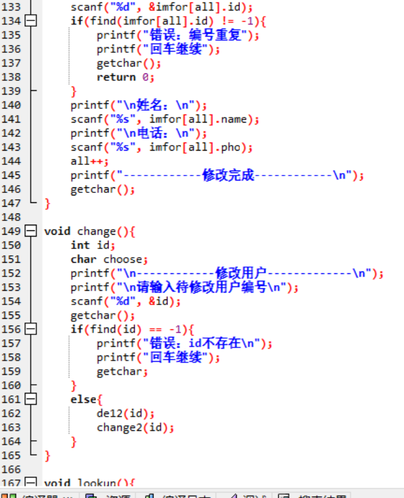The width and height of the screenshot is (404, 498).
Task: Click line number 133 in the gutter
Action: pyautogui.click(x=11, y=7)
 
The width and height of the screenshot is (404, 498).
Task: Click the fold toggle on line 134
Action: pyautogui.click(x=31, y=21)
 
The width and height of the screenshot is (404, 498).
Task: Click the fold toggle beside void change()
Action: pyautogui.click(x=31, y=232)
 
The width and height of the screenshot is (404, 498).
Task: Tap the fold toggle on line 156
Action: pyautogui.click(x=31, y=329)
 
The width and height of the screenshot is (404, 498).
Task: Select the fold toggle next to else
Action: pyautogui.click(x=31, y=399)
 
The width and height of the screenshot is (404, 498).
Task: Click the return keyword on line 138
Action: pyautogui.click(x=116, y=77)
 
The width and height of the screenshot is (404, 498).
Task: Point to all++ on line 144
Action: pyautogui.click(x=84, y=161)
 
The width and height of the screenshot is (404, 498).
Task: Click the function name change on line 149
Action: pyautogui.click(x=95, y=232)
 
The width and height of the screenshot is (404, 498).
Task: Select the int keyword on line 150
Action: pyautogui.click(x=80, y=245)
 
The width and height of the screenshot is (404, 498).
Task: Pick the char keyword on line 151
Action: pyautogui.click(x=84, y=260)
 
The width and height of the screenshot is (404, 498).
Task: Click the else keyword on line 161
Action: pyautogui.click(x=84, y=399)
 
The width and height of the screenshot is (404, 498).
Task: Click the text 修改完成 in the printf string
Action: pyautogui.click(x=228, y=176)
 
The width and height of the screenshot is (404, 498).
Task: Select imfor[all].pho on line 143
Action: pyautogui.click(x=201, y=148)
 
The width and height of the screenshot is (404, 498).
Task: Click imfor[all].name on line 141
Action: pyautogui.click(x=204, y=119)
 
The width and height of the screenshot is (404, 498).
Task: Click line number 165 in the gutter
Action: pyautogui.click(x=11, y=456)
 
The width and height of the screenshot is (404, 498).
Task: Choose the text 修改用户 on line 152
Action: pyautogui.click(x=241, y=273)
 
